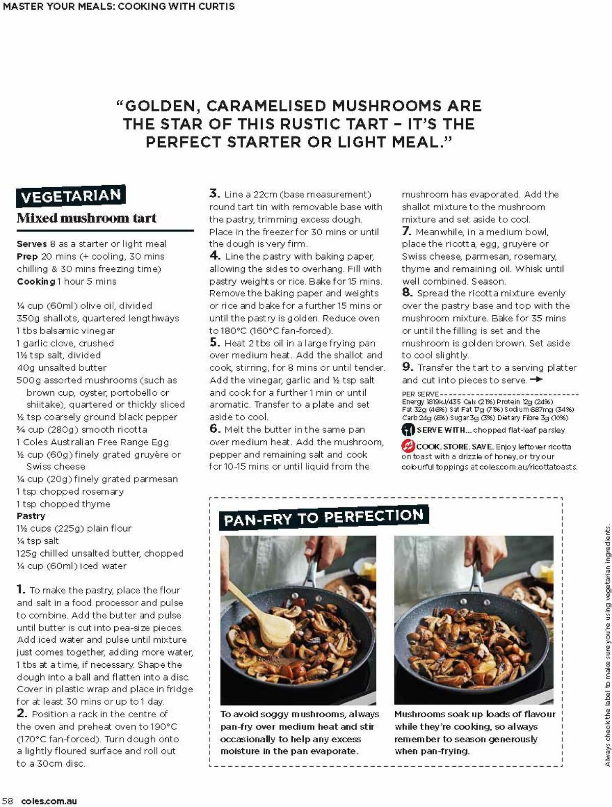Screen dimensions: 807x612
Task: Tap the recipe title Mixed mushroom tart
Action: coord(87,218)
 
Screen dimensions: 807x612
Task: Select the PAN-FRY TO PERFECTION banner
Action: coord(323,518)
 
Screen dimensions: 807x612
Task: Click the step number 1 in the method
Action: coord(21,590)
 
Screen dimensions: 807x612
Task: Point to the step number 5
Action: coord(214,343)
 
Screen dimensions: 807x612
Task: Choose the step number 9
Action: coord(407,367)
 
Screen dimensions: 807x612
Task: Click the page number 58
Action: coord(8,801)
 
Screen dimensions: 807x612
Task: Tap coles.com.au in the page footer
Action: coord(49,801)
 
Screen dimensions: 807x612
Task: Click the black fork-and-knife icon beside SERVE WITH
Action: coord(408,430)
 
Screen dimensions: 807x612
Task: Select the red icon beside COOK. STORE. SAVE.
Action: coord(408,446)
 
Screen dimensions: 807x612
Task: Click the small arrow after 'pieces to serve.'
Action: coord(536,380)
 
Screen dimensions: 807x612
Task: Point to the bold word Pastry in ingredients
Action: coord(31,516)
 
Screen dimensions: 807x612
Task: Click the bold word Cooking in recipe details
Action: coord(36,281)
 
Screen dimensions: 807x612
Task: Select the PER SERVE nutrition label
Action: coord(420,394)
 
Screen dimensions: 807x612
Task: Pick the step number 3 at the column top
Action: coord(214,193)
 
